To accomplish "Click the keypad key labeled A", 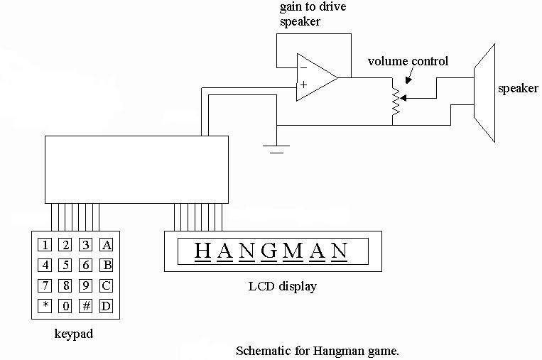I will pos(107,246).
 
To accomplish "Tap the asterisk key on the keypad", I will pos(45,307).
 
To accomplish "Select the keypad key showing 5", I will pos(65,266).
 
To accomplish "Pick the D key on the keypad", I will pos(107,307).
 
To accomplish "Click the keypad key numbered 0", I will pos(65,307).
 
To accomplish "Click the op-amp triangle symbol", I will pos(316,76).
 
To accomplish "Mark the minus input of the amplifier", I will pos(303,67).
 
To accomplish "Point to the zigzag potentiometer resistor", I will pos(393,100).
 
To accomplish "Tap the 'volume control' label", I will pos(408,62).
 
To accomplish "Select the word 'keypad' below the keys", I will pos(73,334).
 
